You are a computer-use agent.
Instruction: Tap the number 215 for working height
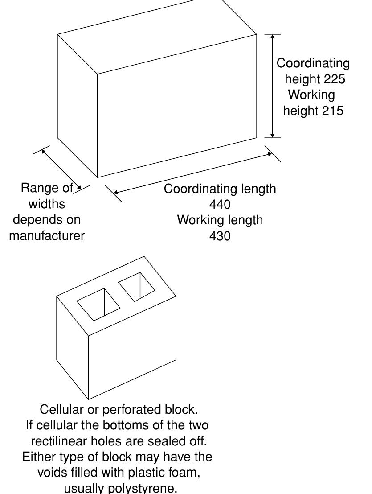[332, 111]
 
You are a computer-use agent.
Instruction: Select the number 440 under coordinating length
[220, 205]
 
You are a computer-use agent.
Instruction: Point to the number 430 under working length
[220, 236]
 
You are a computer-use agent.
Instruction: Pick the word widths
[47, 204]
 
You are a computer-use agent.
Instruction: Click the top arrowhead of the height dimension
[273, 37]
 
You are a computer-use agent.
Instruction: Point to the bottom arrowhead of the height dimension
[273, 135]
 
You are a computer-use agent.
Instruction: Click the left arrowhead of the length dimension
[116, 193]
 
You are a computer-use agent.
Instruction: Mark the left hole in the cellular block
[98, 305]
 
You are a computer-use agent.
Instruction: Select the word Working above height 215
[311, 95]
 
